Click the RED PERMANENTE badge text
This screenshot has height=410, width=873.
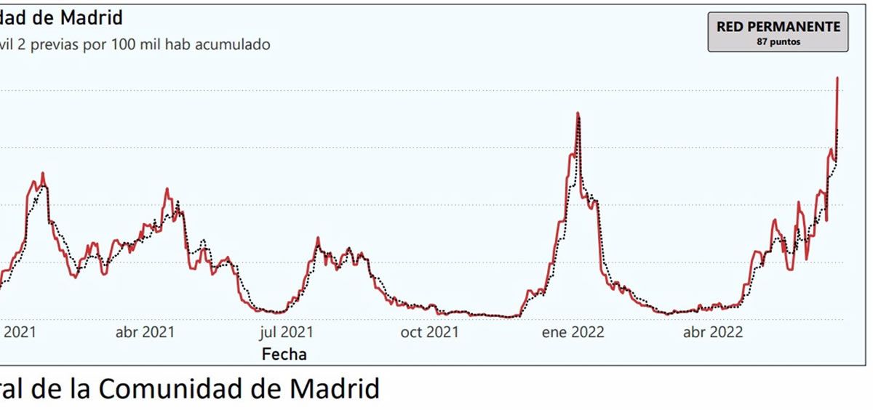pos(778,27)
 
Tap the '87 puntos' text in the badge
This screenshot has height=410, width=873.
pos(778,42)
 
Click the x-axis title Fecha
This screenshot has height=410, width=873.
pos(284,354)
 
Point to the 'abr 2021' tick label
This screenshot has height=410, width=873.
pos(145,332)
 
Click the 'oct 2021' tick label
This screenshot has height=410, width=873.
pos(429,332)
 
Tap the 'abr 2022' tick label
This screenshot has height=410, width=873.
pos(714,332)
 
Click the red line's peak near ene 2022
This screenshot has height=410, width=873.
pos(578,113)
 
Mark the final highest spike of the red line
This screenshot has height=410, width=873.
pos(838,78)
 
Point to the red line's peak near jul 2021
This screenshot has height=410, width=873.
pos(318,238)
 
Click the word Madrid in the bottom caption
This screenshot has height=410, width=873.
pos(335,389)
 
